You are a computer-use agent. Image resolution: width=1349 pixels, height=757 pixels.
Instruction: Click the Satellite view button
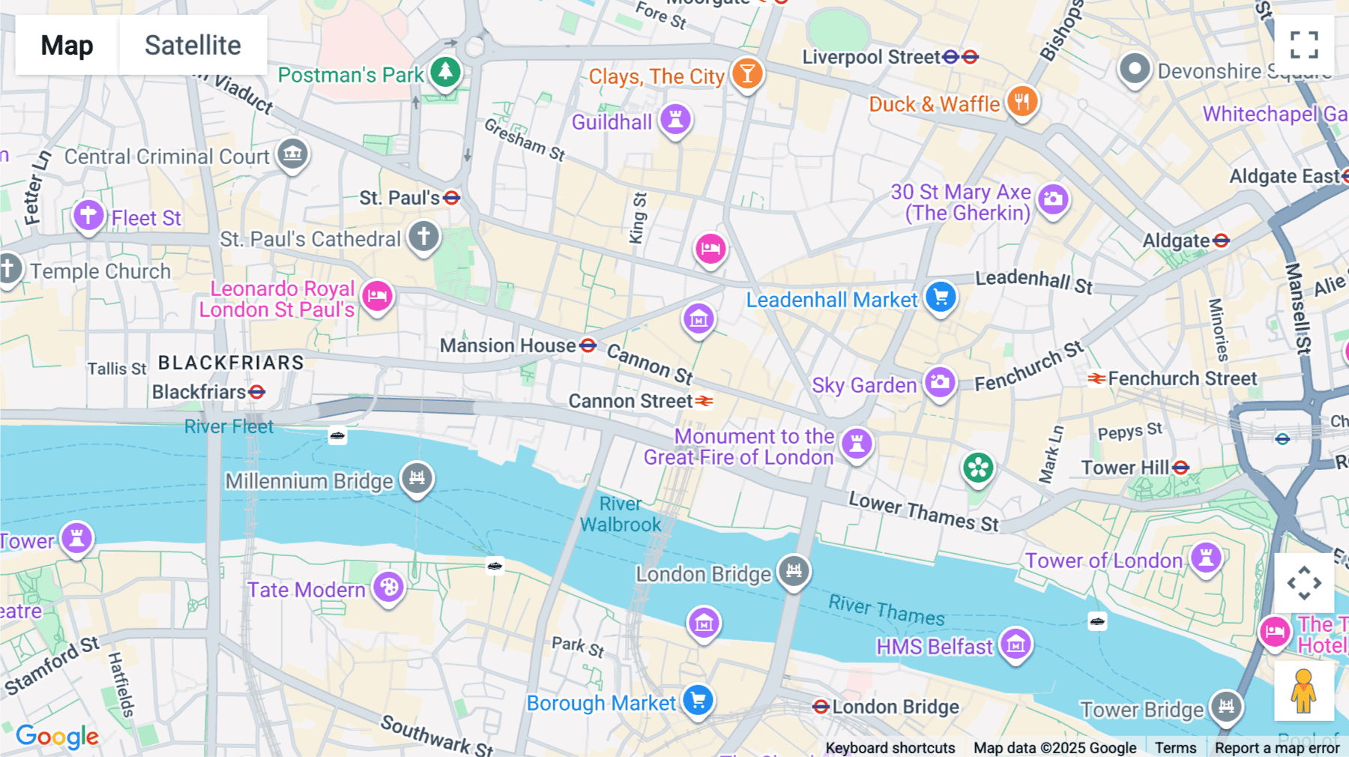[193, 45]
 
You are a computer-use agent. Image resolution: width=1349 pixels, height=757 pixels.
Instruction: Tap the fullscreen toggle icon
[1304, 45]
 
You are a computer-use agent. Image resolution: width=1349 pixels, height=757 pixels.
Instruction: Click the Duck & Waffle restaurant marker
[1022, 101]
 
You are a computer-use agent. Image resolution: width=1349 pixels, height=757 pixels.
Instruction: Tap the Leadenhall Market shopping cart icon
[941, 297]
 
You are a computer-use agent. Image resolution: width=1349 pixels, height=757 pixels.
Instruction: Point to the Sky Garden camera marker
[940, 382]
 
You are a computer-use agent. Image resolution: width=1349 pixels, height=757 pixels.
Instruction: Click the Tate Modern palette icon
[389, 587]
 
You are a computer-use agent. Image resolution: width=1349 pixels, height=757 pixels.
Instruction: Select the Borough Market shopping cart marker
[698, 700]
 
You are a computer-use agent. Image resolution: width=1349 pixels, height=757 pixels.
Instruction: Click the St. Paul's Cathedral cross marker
[423, 236]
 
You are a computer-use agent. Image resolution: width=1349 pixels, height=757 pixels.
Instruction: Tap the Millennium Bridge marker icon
[417, 477]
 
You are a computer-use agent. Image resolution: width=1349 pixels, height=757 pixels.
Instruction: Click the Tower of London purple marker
[1206, 558]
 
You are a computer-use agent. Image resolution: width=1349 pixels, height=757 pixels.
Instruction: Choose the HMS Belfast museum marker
[1016, 643]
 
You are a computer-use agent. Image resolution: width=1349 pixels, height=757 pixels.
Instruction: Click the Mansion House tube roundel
[588, 346]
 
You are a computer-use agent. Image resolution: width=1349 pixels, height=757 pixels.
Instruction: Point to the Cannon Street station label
[630, 402]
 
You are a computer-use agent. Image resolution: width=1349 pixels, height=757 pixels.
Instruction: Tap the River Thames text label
[887, 610]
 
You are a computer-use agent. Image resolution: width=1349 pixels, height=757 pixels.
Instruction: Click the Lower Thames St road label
[923, 512]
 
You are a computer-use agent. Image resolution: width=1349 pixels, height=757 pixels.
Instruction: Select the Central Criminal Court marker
[292, 154]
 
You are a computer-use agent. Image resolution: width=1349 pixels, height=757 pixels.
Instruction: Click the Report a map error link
[1276, 748]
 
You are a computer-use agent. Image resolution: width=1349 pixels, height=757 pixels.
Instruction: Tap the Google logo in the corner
[58, 737]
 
